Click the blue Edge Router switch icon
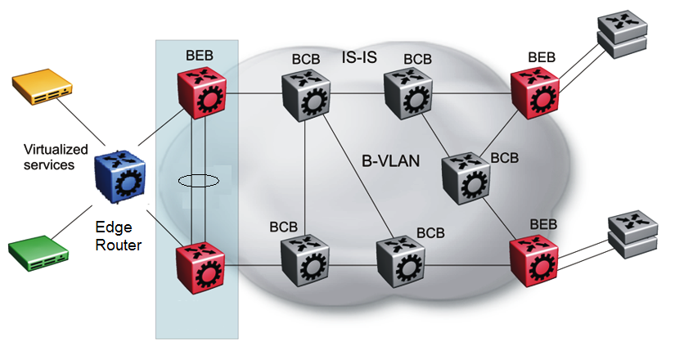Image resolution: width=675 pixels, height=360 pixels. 119,174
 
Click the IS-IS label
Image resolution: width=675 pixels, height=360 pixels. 360,57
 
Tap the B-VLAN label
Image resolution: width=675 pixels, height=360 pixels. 390,161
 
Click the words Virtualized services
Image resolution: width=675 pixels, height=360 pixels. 54,156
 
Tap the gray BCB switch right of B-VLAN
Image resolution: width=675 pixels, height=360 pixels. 465,176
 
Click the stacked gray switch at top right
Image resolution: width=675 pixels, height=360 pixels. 627,35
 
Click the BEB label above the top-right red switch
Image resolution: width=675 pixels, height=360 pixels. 541,57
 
